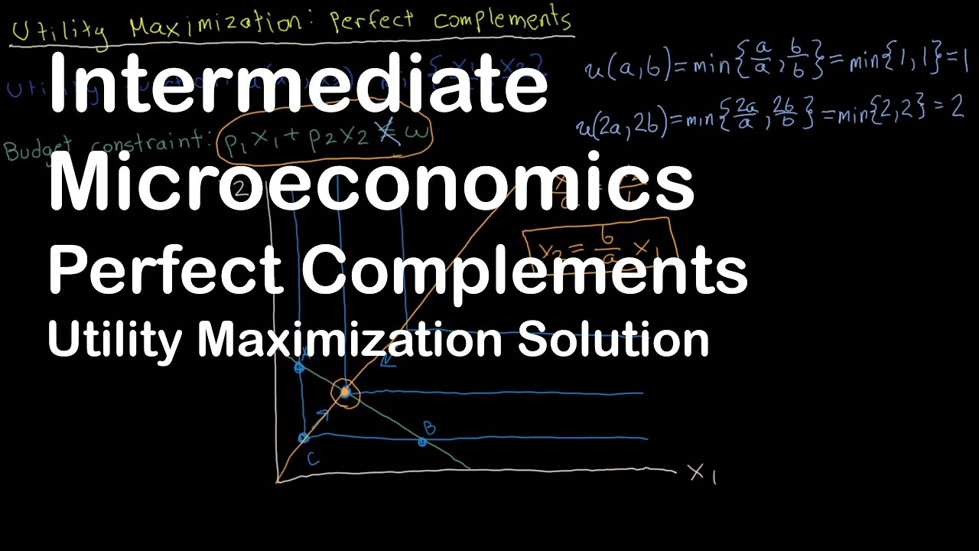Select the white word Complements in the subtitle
pos(525,271)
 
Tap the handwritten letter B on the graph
pos(430,428)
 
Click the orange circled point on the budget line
pos(345,393)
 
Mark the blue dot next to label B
pos(422,442)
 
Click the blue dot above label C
pos(304,438)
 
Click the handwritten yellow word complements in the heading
pos(501,20)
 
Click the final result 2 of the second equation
pos(956,108)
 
